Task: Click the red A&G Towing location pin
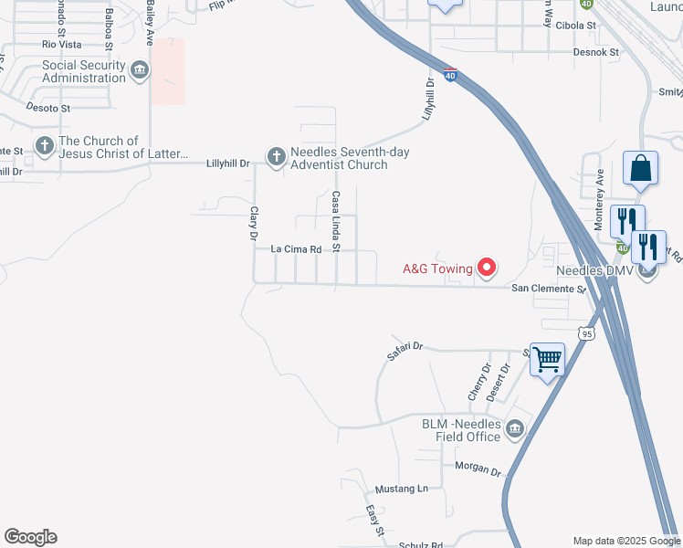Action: pos(487,268)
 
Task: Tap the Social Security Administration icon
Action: pos(140,70)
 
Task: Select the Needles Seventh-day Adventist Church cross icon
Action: pos(276,157)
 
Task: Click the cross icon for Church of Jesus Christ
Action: pos(44,146)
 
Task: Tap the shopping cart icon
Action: pos(547,360)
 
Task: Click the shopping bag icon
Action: pos(640,169)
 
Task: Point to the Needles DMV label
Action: pos(594,271)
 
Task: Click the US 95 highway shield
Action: pos(587,334)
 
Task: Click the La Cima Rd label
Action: pos(297,249)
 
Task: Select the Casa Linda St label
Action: pos(336,221)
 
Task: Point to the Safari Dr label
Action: pos(406,346)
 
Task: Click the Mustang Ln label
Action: pos(402,489)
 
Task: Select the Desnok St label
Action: pos(596,52)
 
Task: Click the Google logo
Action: pos(30,537)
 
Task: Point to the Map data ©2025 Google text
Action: pos(625,541)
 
